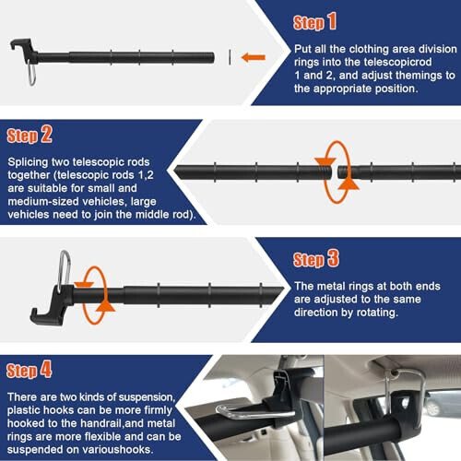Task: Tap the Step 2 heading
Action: point(30,136)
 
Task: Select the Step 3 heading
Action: point(315,259)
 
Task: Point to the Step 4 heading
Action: point(30,372)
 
